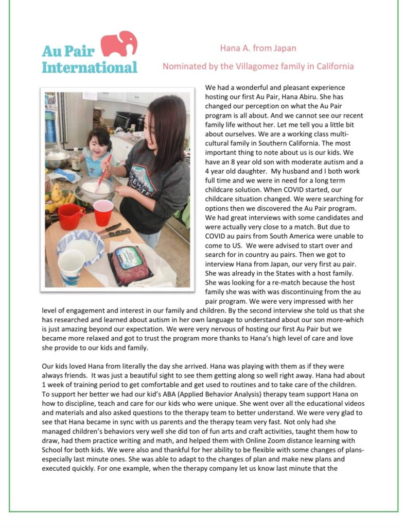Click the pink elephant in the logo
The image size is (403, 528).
[x=119, y=43]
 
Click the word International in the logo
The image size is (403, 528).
[x=90, y=67]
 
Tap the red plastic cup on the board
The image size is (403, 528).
[x=103, y=212]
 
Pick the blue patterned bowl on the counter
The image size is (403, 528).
[x=80, y=243]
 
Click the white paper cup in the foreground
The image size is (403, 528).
[x=71, y=267]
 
